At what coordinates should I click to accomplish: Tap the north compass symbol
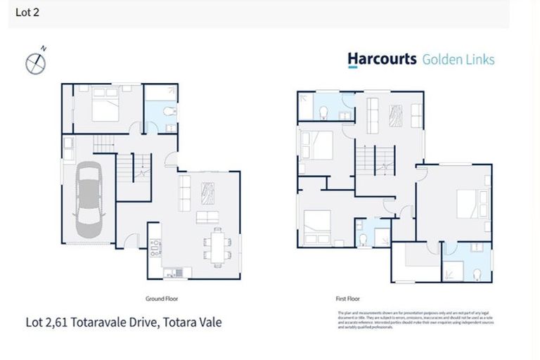coord(36,63)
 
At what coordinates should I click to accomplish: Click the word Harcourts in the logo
coord(382,59)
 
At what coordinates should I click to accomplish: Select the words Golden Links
coord(458,59)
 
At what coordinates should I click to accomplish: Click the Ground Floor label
coord(161,299)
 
